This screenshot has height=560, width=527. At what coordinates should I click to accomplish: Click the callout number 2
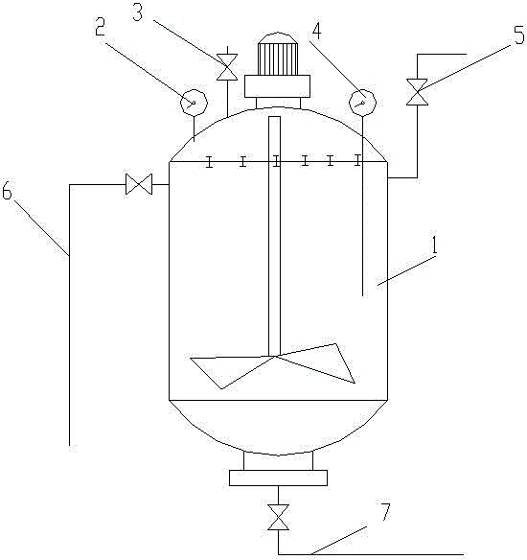click(x=101, y=27)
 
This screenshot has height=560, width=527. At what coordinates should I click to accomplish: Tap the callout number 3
click(x=138, y=12)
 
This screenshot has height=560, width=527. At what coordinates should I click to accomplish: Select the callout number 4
click(x=316, y=31)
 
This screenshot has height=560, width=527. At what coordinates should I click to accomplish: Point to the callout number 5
click(x=519, y=35)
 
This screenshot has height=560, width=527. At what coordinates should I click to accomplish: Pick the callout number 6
click(x=7, y=191)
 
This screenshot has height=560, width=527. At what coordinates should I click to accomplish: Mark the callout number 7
click(x=386, y=511)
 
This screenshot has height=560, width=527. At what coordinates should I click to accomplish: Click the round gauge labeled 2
click(x=194, y=103)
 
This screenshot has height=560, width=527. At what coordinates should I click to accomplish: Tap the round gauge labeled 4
click(x=363, y=103)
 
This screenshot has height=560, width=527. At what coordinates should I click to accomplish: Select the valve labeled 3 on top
click(x=227, y=67)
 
